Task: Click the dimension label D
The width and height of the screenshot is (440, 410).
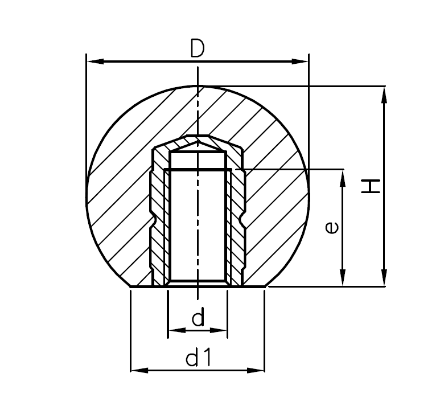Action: [x=197, y=49]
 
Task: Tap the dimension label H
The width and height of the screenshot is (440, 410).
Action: [x=371, y=186]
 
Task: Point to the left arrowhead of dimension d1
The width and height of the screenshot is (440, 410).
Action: [x=137, y=370]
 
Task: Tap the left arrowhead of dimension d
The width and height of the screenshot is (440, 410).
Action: [x=174, y=330]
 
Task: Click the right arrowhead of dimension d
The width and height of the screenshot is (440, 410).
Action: [x=221, y=330]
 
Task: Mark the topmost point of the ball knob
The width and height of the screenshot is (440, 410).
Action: [x=198, y=86]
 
